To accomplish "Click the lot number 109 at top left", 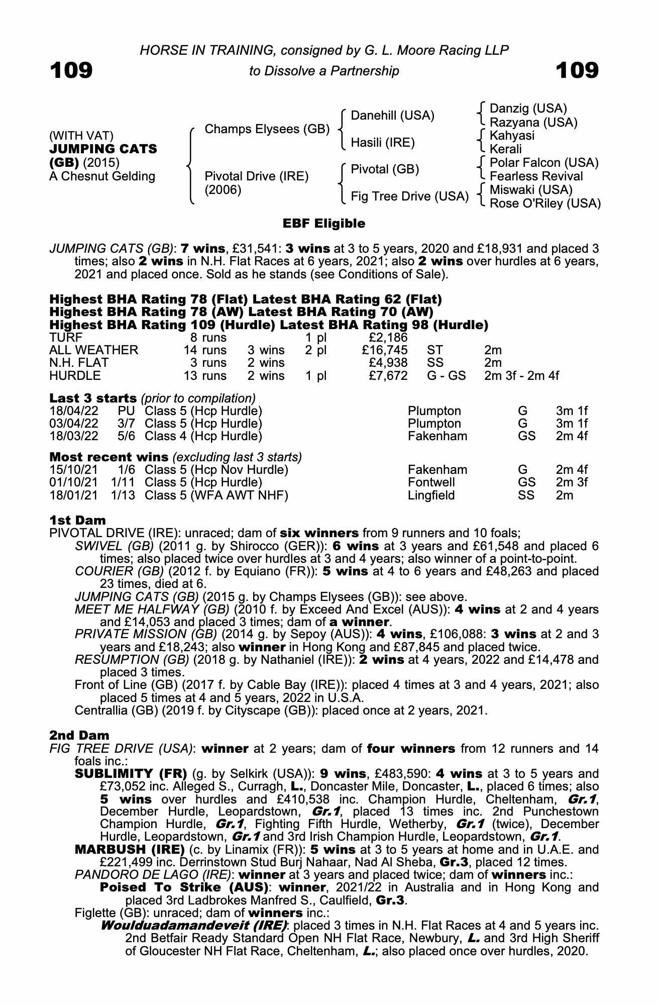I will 71,70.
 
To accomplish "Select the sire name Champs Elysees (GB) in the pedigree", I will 267,129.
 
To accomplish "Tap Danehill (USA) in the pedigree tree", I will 392,116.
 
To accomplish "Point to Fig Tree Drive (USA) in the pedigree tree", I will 409,196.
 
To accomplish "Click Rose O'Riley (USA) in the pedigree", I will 545,204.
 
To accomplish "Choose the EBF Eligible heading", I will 324,224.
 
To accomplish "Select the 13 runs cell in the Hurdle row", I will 205,376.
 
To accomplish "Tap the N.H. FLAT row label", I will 79,363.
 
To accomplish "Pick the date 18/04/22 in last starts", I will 73,411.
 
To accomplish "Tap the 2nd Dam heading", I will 79,736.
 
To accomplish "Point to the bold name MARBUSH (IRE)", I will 130,849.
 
